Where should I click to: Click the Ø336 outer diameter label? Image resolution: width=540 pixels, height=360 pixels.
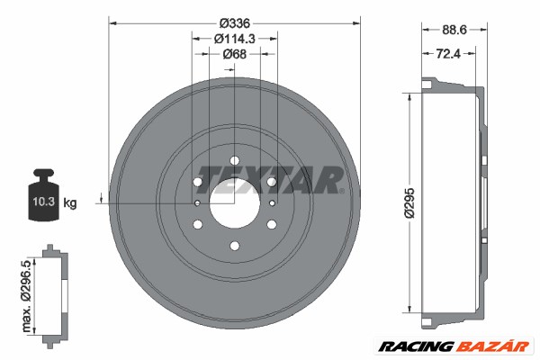click(x=234, y=22)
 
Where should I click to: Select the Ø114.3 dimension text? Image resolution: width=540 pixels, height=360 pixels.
click(x=234, y=39)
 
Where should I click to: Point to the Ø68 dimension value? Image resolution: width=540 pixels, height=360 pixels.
click(x=234, y=55)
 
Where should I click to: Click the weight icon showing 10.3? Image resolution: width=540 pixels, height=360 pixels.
click(x=42, y=191)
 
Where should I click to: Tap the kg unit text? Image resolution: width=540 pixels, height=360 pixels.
click(x=70, y=203)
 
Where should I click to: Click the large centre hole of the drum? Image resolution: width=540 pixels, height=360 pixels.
click(x=234, y=202)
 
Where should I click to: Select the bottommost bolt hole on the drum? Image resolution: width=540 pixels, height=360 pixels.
click(x=234, y=246)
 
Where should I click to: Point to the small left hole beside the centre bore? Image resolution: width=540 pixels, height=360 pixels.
click(x=197, y=203)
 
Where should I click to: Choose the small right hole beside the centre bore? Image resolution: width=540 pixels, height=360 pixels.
click(x=271, y=203)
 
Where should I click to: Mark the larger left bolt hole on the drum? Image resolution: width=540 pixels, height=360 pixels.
click(x=197, y=183)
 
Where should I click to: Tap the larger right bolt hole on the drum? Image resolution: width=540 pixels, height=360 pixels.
click(x=271, y=183)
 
